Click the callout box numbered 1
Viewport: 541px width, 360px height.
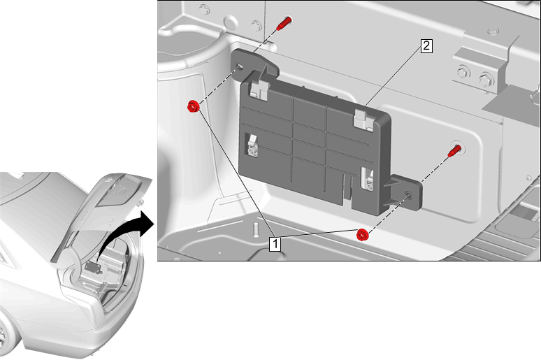pos(275,244)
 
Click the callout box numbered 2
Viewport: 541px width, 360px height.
pos(426,46)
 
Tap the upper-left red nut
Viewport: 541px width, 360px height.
pos(193,106)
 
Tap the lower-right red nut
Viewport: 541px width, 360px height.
pos(362,235)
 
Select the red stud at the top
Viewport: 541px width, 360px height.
pos(284,23)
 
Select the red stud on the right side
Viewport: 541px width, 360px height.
pos(454,151)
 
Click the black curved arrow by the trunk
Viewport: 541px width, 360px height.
pos(124,235)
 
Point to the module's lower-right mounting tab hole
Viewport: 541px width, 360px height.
pos(408,195)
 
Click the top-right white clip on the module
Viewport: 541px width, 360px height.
pos(363,120)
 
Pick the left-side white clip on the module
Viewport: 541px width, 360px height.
pos(252,145)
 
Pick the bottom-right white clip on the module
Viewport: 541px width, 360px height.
pos(368,179)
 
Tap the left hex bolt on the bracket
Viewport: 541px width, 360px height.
pos(463,73)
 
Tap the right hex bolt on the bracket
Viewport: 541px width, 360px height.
pos(486,80)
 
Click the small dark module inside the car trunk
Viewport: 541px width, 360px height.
pos(93,268)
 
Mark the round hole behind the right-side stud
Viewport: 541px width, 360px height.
pos(459,147)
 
